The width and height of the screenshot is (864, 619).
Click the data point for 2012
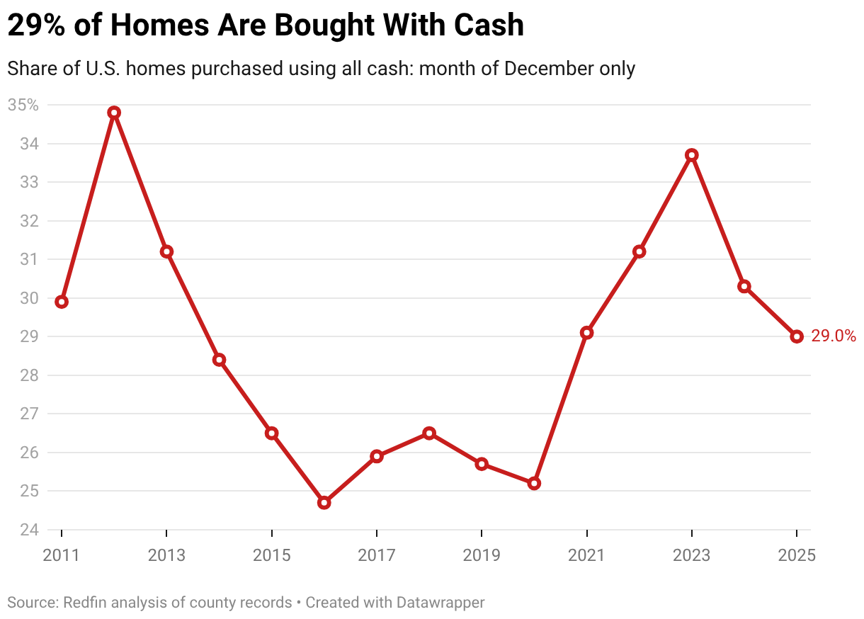click(114, 113)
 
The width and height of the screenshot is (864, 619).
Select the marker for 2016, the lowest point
click(324, 502)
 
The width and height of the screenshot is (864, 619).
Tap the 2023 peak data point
click(692, 155)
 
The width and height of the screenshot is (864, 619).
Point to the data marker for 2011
click(62, 302)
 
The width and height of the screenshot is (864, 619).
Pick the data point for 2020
click(534, 483)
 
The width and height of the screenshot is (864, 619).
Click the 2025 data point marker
click(797, 336)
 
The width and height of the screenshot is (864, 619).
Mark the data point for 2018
click(429, 433)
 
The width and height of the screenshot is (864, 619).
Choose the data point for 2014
click(220, 360)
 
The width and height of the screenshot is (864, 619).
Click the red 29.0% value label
click(834, 336)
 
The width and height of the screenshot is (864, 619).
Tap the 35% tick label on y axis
click(23, 106)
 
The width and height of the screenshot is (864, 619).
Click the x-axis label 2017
click(377, 555)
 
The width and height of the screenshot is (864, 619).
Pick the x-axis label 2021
click(586, 555)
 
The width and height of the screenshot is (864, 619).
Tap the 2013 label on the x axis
click(166, 555)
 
